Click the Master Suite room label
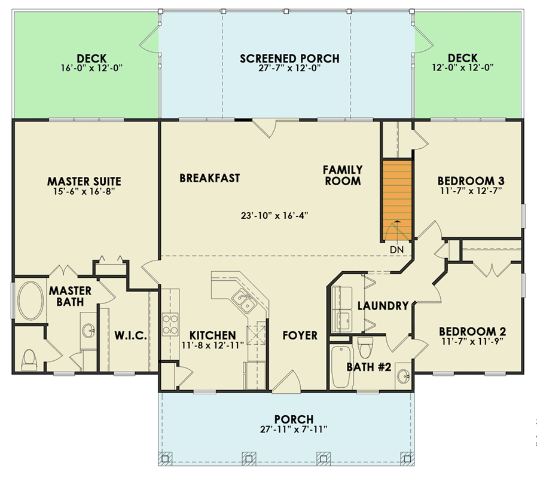point(84,181)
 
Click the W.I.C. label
point(130,336)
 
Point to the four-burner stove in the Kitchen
point(170,323)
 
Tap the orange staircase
point(398,197)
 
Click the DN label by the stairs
point(396,249)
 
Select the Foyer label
point(300,335)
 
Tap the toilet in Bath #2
point(365,347)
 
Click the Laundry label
point(383,306)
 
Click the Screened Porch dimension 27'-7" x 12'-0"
point(289,69)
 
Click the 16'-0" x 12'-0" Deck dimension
point(91,69)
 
